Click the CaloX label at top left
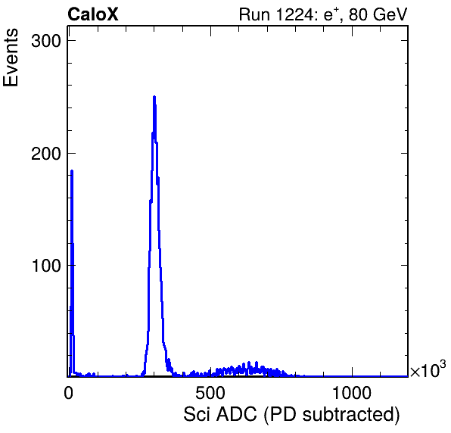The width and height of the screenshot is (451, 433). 93,14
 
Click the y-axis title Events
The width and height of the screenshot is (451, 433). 11,58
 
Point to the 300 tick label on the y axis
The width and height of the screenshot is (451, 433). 46,41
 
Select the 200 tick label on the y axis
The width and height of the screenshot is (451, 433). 46,154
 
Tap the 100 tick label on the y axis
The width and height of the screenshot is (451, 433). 47,266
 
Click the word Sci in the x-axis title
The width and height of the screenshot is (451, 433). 197,415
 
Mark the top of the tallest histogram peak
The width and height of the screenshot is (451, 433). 154,97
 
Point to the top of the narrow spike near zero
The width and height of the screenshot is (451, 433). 72,171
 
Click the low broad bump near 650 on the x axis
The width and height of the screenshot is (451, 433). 247,369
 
